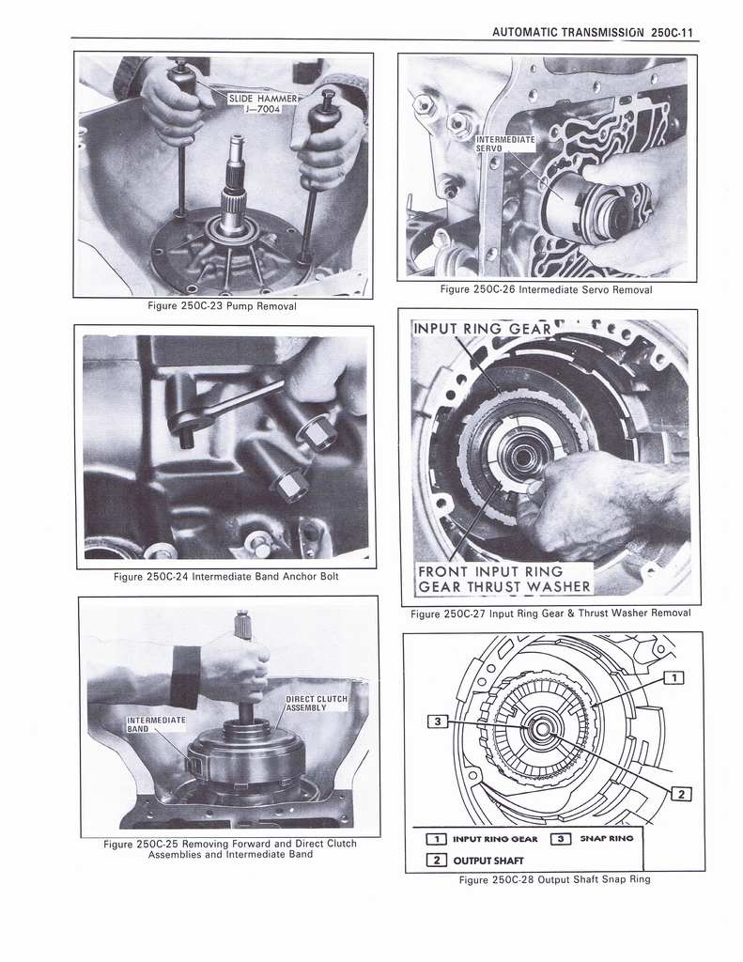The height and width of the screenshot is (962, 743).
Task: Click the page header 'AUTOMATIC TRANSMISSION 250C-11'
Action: [x=592, y=32]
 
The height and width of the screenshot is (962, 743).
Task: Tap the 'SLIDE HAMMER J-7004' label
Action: [x=266, y=103]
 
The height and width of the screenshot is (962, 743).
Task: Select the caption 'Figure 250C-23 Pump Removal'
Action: [x=223, y=307]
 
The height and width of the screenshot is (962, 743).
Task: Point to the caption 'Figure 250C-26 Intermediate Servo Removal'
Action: [x=546, y=290]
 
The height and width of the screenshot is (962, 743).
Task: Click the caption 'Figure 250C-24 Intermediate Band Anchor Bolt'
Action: [x=225, y=577]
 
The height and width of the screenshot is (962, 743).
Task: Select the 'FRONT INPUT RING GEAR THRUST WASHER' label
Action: [x=503, y=580]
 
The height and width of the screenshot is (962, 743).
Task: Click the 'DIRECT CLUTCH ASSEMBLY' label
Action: [x=317, y=704]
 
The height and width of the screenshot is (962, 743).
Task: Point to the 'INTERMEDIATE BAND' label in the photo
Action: [x=156, y=724]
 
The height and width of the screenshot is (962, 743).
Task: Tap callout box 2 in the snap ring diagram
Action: [x=682, y=795]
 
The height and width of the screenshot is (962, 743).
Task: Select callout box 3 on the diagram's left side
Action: [x=436, y=721]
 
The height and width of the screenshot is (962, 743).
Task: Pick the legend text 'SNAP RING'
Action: [x=607, y=838]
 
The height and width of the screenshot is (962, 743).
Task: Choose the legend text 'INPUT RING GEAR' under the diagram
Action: [x=495, y=838]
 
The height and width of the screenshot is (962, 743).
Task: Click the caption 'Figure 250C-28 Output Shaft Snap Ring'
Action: [x=554, y=880]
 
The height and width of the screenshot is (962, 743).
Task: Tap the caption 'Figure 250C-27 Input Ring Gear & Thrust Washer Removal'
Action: [x=550, y=613]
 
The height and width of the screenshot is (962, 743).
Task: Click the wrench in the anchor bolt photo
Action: [x=225, y=402]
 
